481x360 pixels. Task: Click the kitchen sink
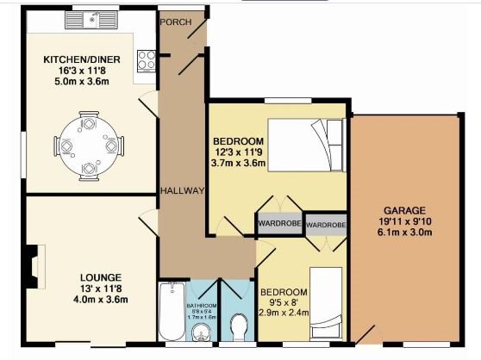[x=97, y=20]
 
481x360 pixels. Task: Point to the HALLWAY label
[x=182, y=190]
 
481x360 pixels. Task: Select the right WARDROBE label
[x=326, y=225]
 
